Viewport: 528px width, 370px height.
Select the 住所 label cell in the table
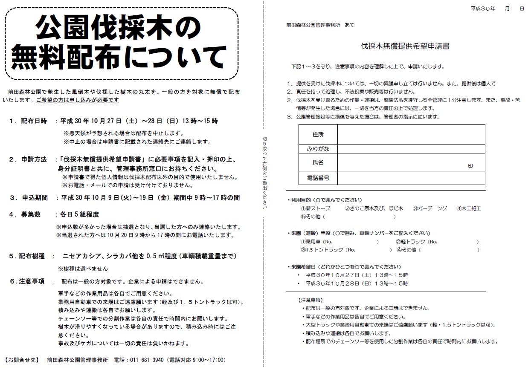pos(318,135)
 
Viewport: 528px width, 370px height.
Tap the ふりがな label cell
pos(318,149)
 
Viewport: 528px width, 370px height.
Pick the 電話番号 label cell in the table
pos(318,178)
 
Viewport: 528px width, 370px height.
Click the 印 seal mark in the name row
pos(470,166)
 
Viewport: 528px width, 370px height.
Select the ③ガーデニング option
pos(429,208)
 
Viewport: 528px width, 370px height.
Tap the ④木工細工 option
pos(468,208)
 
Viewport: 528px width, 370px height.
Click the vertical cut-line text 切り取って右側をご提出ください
pos(264,173)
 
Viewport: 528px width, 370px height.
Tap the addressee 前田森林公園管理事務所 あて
pos(320,25)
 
